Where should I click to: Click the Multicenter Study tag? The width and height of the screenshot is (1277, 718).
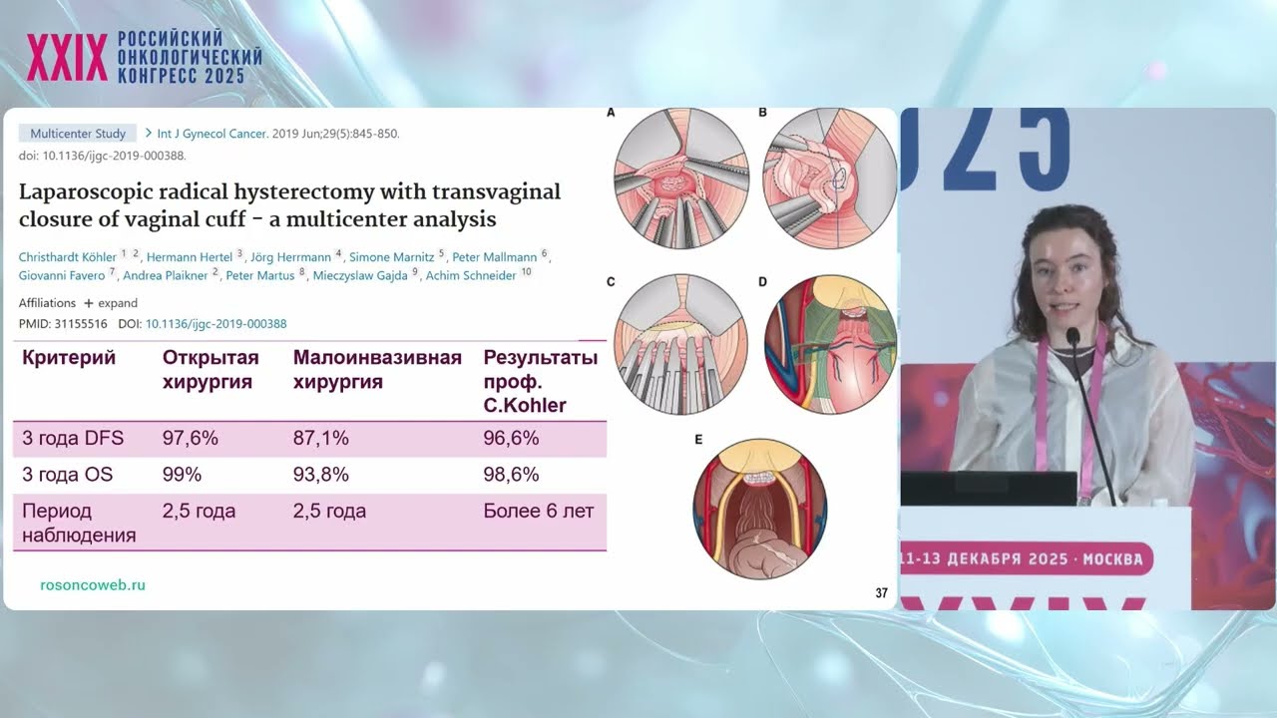point(78,134)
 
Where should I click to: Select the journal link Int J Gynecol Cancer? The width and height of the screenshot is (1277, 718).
point(213,134)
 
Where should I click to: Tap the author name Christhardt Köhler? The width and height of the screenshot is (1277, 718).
point(67,257)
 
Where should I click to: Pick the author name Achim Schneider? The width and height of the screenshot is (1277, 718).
point(471,275)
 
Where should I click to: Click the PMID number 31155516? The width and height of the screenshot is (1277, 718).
point(81,324)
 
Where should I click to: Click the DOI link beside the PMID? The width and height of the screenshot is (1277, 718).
point(216,324)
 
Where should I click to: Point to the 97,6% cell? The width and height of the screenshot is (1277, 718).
point(191,438)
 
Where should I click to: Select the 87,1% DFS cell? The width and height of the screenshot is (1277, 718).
point(321,438)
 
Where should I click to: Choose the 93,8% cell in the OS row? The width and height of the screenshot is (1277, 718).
point(321,474)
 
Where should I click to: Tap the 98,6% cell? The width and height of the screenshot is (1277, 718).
point(512,474)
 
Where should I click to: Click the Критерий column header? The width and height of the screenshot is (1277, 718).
point(69,358)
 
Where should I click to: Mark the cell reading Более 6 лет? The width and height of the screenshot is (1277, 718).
point(539,511)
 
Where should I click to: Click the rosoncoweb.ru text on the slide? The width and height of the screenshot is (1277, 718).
point(93,584)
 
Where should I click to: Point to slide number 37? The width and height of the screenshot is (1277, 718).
point(881,593)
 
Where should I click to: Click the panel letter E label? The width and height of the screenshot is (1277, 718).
point(698,440)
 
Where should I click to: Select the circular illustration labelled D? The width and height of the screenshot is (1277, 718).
point(830,345)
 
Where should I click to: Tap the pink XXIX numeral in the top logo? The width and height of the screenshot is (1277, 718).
point(67,57)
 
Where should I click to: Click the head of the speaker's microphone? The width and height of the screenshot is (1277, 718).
point(1073,336)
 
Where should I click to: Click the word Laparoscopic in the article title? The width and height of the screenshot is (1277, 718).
point(86,193)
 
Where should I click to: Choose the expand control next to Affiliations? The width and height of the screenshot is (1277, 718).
point(111,303)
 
